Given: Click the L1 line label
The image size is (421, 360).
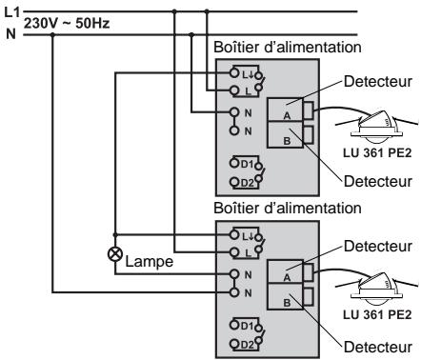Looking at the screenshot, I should tap(10, 10).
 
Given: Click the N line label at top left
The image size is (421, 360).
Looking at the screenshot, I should tap(9, 33).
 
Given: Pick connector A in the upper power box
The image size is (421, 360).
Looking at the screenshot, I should tap(285, 112).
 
